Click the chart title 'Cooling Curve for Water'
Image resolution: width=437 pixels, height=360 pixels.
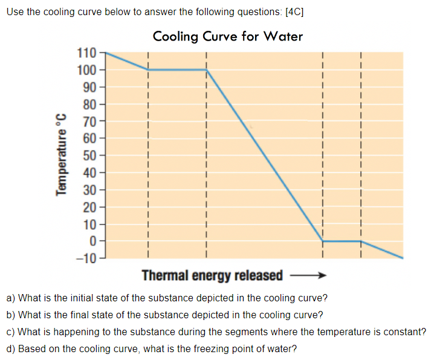click(x=228, y=36)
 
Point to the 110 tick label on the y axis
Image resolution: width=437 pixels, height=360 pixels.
click(x=87, y=53)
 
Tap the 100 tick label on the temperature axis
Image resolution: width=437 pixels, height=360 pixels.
click(x=87, y=70)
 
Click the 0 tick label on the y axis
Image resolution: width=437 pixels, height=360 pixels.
click(x=93, y=241)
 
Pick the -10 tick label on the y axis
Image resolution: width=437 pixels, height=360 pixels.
click(x=86, y=258)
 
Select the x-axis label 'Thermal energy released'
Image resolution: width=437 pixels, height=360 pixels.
click(x=212, y=276)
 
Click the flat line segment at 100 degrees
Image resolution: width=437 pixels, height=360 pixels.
click(x=177, y=70)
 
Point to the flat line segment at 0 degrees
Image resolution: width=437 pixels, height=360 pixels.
click(x=342, y=241)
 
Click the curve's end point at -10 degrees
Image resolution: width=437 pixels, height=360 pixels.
click(x=403, y=258)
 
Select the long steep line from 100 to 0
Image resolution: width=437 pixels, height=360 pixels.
click(x=264, y=155)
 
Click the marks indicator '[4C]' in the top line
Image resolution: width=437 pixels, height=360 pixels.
click(x=292, y=13)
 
